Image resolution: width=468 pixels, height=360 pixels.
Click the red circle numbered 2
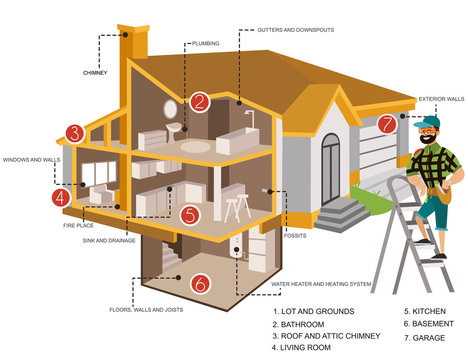coord(200,101)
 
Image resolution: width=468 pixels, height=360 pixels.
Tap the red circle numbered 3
coord(73,133)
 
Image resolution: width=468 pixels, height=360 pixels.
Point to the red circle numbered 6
coord(200,284)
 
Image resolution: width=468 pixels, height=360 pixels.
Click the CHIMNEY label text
coord(94,73)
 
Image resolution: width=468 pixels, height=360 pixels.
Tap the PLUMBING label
coord(206,44)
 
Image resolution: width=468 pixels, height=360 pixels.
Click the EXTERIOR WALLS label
coord(441,100)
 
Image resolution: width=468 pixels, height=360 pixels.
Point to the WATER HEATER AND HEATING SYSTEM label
coord(321,284)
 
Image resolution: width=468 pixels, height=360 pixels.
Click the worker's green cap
coord(429,123)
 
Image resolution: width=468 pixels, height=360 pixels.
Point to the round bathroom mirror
coord(170,105)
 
